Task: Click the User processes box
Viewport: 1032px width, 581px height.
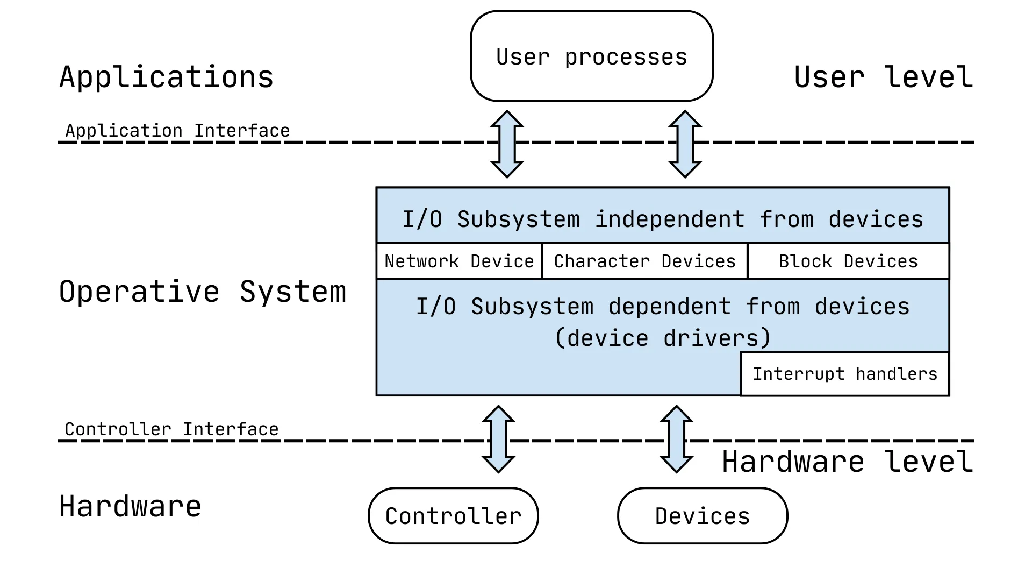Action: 591,56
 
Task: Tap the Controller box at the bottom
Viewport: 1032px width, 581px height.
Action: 453,516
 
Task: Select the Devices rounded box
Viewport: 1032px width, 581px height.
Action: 702,516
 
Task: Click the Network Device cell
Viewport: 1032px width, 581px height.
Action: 459,261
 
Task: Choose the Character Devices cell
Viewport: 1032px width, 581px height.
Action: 644,261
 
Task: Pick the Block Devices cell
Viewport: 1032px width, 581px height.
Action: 848,261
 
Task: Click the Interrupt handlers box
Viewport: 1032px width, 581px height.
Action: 844,374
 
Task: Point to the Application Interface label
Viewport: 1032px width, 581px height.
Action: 177,131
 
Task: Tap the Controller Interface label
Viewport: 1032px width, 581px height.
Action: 171,429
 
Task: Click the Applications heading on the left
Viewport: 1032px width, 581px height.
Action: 166,77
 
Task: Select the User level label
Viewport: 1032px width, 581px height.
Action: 883,77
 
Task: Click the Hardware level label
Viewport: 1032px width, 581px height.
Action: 847,462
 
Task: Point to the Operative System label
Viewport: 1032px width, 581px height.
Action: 202,292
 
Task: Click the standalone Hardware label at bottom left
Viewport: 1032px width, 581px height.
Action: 130,506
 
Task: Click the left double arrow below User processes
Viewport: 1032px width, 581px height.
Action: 507,144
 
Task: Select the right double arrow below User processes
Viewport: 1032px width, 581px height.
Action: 685,144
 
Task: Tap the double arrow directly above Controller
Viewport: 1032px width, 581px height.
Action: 498,439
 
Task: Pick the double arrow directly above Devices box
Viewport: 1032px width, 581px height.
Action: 676,439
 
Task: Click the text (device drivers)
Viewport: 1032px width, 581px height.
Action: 663,338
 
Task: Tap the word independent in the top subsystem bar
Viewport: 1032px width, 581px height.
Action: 669,219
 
